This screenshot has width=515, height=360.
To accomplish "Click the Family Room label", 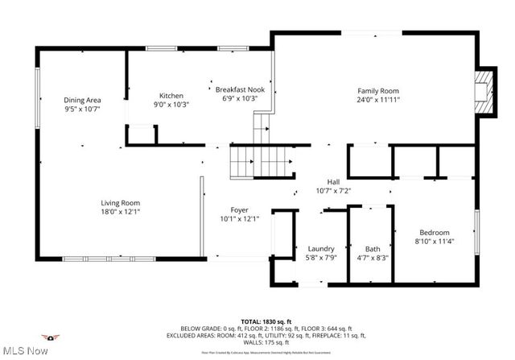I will (x=377, y=91).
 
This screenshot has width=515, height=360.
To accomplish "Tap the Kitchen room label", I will (x=171, y=95).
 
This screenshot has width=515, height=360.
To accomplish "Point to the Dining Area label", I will (x=82, y=100).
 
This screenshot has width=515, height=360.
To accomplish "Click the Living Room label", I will (x=120, y=203).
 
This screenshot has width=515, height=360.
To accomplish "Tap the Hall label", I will (x=333, y=182).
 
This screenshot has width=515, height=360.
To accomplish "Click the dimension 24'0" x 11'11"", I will (x=378, y=100).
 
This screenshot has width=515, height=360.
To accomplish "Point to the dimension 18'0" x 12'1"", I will (x=120, y=212).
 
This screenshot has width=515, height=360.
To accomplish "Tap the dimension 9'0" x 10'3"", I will (x=171, y=104).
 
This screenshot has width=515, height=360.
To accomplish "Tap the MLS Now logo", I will (x=27, y=345).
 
